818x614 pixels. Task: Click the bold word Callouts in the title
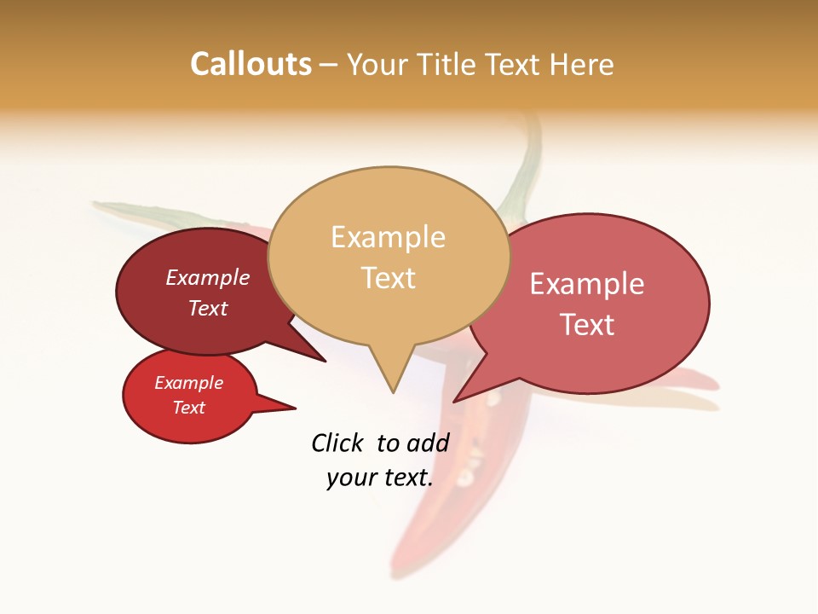pyautogui.click(x=251, y=64)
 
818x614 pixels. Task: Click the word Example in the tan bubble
pyautogui.click(x=388, y=237)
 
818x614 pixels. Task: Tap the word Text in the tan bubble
pyautogui.click(x=389, y=278)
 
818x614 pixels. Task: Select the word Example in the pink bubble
pyautogui.click(x=587, y=284)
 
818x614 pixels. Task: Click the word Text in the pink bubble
pyautogui.click(x=587, y=325)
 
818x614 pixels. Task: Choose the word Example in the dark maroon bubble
pyautogui.click(x=208, y=277)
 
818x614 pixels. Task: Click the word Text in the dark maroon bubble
pyautogui.click(x=208, y=308)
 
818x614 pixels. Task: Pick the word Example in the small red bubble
pyautogui.click(x=188, y=383)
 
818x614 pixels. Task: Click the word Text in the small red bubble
pyautogui.click(x=188, y=408)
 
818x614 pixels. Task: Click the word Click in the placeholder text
pyautogui.click(x=337, y=443)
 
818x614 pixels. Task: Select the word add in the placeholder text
pyautogui.click(x=428, y=443)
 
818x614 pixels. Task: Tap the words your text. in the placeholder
pyautogui.click(x=379, y=478)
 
